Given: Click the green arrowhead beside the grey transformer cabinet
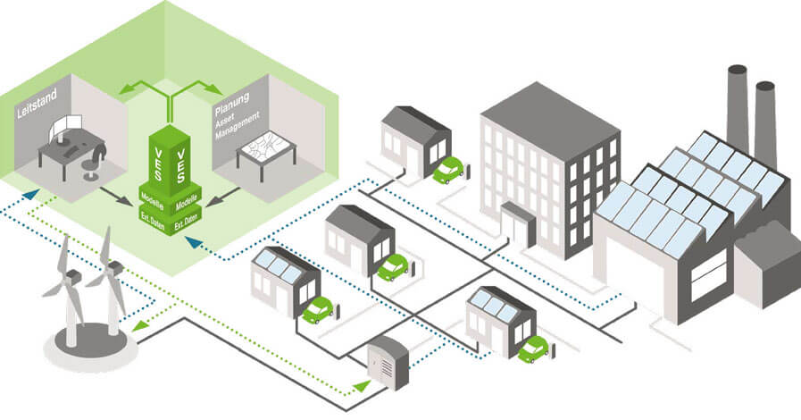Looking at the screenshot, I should [x=361, y=384].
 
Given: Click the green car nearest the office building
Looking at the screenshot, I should [x=447, y=171].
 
